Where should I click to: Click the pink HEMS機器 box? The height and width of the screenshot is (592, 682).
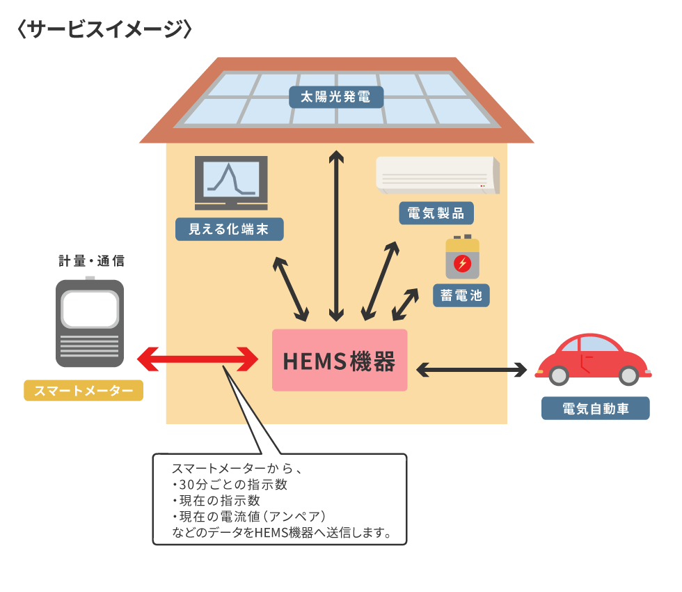[340, 360]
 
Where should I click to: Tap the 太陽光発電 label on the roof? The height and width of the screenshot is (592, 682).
[336, 97]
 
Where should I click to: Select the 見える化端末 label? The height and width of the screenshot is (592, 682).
[229, 229]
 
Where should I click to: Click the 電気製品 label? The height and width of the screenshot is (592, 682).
[436, 213]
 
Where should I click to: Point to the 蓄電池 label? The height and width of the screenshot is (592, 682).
[461, 295]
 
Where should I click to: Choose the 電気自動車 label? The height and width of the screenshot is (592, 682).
[596, 408]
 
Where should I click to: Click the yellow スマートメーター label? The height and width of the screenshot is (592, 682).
[84, 391]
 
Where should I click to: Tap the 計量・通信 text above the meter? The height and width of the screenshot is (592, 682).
[92, 260]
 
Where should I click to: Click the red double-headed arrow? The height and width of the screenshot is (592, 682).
[198, 359]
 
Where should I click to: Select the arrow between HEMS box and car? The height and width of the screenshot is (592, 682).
[472, 370]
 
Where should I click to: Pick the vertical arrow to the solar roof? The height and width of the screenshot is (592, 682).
[336, 236]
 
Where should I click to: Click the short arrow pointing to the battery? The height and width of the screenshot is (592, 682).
[405, 304]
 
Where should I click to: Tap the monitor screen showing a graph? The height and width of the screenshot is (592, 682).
[231, 179]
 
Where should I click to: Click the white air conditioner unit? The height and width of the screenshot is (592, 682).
[438, 175]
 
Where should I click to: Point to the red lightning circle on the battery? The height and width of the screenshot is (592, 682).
[462, 263]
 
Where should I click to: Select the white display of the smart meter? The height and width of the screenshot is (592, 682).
[90, 309]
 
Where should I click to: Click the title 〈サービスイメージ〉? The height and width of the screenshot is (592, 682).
[104, 29]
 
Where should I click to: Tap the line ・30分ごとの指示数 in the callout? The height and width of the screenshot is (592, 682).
[229, 485]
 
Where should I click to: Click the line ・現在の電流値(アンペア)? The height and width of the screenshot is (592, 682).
[248, 517]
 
